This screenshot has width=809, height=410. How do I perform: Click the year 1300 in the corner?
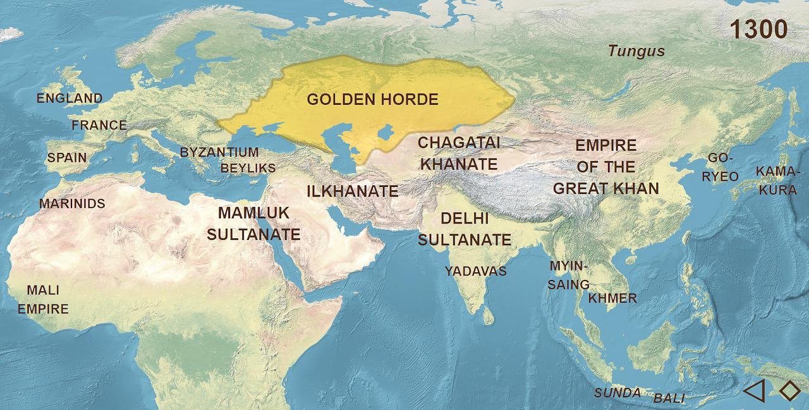(758, 29)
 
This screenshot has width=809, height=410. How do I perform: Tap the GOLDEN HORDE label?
(372, 99)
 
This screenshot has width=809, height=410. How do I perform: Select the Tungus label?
(636, 51)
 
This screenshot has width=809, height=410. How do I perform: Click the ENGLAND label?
(70, 98)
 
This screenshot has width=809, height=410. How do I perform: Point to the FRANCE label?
(99, 125)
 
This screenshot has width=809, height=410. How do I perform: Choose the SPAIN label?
(67, 157)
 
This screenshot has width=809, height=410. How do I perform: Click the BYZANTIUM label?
(219, 152)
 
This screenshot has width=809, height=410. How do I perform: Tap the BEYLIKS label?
(248, 168)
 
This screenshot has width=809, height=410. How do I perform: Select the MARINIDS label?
(72, 203)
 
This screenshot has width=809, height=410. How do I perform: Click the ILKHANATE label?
(353, 191)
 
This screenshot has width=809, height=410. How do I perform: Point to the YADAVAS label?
(475, 271)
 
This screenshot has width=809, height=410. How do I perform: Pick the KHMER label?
(612, 298)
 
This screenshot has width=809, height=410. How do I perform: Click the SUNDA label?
(617, 393)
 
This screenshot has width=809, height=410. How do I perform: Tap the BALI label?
(669, 398)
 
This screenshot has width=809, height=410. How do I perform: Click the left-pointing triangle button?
(754, 390)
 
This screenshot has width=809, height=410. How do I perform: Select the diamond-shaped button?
(789, 390)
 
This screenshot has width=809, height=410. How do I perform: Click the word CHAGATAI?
(459, 143)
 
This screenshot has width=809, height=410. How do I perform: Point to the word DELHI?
(465, 219)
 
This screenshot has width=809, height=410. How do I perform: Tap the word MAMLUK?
(253, 212)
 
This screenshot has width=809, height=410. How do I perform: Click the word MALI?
(43, 290)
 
